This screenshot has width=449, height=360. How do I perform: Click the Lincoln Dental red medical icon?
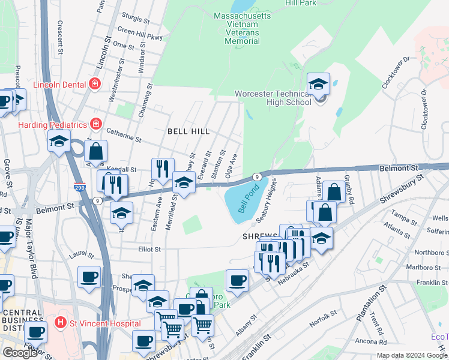coord(94,84)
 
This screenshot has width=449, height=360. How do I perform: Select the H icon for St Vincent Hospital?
coord(59,323)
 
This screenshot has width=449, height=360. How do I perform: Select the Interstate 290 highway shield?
coord(80,187)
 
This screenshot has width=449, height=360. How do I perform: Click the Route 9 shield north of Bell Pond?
coord(256,177)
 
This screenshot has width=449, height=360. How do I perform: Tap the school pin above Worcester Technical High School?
coord(319,84)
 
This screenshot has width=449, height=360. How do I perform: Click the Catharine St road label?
coord(123,135)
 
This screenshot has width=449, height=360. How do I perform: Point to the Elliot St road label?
coord(149,249)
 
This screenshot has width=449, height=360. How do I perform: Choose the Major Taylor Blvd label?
coord(34,243)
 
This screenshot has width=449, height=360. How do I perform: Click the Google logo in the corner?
coord(20,352)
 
